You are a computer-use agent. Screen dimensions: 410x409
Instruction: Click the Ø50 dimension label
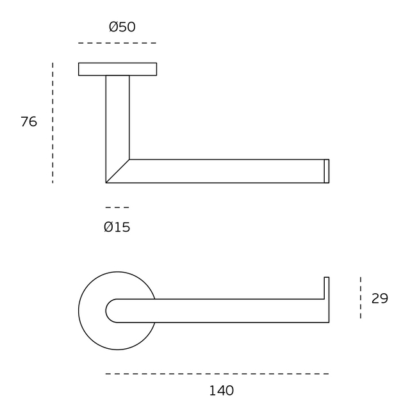[x=122, y=27]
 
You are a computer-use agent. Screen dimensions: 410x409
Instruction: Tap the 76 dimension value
[x=29, y=122]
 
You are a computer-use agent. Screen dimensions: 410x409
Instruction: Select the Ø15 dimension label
[x=117, y=227]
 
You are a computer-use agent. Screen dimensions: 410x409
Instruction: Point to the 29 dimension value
[x=380, y=298]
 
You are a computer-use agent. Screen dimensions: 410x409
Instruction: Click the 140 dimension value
[x=222, y=390]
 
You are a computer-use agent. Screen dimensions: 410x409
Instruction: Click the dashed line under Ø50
[x=117, y=43]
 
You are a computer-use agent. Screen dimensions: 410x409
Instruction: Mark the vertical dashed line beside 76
[x=53, y=123]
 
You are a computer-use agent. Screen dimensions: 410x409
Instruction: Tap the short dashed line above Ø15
[x=117, y=207]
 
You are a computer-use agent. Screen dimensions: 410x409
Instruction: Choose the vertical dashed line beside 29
[x=361, y=298]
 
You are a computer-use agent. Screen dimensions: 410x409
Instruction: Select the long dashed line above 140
[x=217, y=374]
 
